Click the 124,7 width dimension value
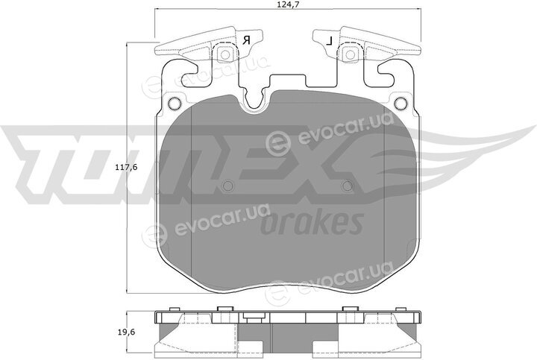coord(288,4)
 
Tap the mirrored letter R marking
coord(246,40)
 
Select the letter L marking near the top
coord(329,42)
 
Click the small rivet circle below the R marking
coord(225,54)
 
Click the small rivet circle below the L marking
coord(350,54)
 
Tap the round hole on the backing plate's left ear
coord(175,102)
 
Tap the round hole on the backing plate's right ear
coord(400,102)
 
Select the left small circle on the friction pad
coord(227,186)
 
